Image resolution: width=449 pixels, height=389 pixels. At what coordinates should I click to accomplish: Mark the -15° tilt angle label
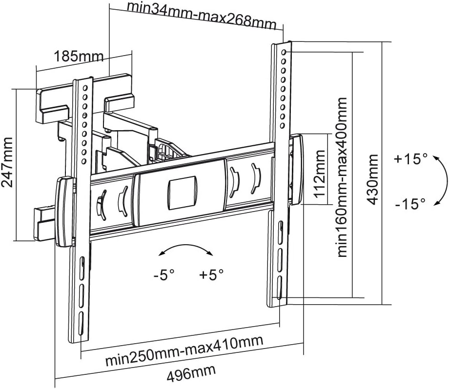411,203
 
